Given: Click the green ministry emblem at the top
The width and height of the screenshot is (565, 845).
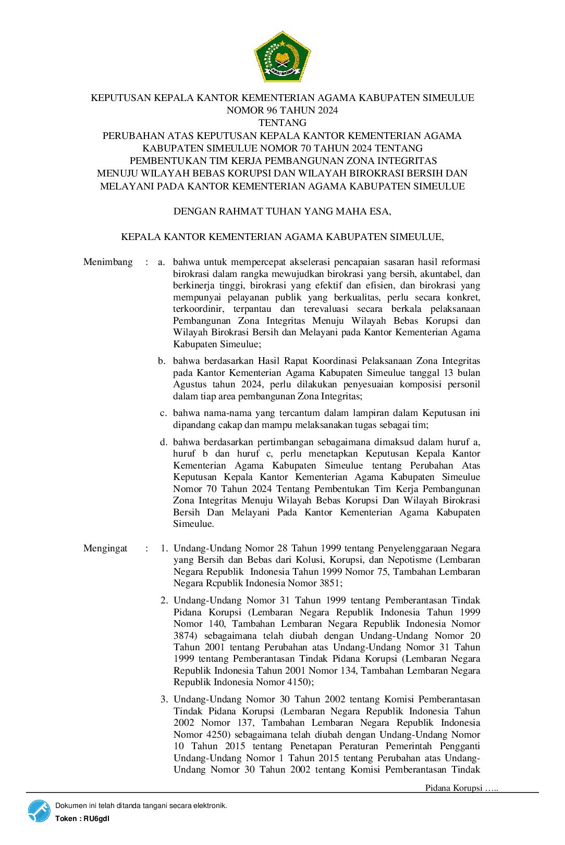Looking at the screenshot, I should pyautogui.click(x=282, y=56).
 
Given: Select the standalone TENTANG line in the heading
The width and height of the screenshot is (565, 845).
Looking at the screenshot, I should pyautogui.click(x=282, y=123).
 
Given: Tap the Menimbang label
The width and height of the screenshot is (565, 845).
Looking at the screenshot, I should pyautogui.click(x=108, y=262).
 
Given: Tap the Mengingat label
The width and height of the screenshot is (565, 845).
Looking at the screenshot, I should pyautogui.click(x=105, y=548).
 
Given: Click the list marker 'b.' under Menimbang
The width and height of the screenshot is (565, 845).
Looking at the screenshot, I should pyautogui.click(x=162, y=361).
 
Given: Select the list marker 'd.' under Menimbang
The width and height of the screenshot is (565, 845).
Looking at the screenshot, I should pyautogui.click(x=164, y=442).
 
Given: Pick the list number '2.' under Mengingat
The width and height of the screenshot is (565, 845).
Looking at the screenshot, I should pyautogui.click(x=164, y=600).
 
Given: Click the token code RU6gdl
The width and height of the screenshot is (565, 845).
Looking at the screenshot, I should pyautogui.click(x=96, y=818).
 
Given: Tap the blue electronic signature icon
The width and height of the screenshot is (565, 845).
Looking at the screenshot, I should pyautogui.click(x=39, y=811).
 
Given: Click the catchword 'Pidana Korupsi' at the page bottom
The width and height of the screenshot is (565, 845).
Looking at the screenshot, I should pyautogui.click(x=453, y=788).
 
